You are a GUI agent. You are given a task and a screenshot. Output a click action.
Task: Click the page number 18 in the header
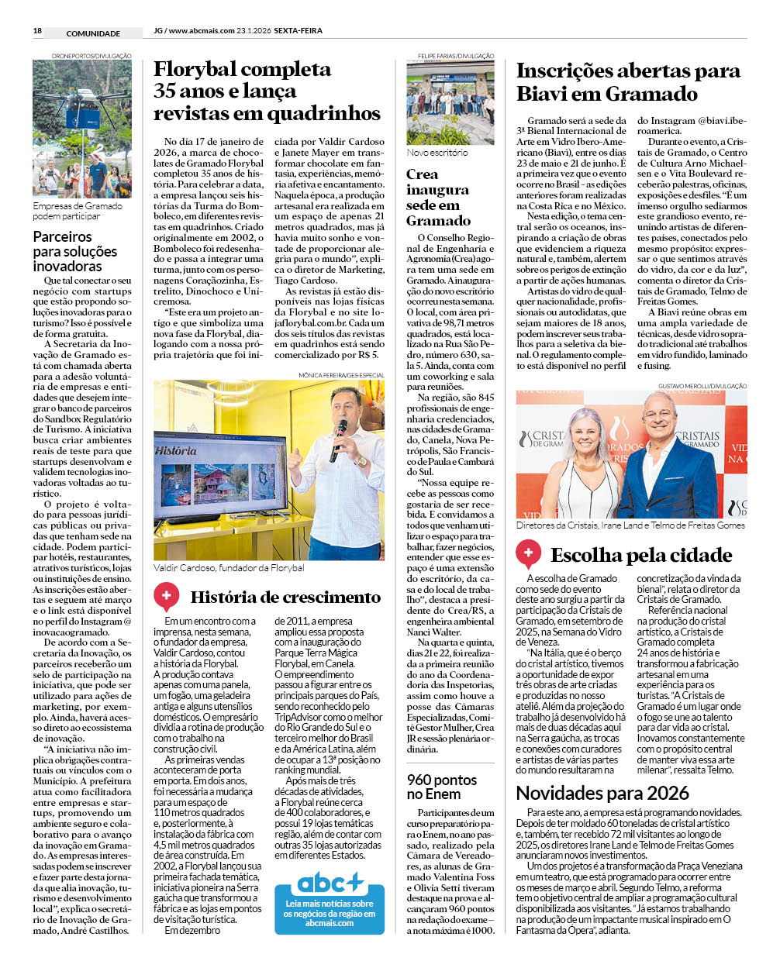tap(37, 31)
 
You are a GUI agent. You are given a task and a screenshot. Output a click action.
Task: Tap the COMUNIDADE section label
tap(93, 33)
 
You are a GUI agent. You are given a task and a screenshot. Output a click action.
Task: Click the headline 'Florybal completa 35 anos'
tap(267, 91)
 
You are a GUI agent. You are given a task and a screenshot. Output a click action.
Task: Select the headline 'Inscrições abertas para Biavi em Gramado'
tap(628, 82)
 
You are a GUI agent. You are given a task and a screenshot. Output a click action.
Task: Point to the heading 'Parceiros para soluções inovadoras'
tap(75, 251)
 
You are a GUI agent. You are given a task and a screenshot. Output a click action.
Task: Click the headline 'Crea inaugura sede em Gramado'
tap(438, 197)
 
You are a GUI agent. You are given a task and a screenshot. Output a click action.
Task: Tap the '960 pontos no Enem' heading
tap(442, 787)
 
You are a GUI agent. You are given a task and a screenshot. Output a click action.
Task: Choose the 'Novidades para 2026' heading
tap(602, 793)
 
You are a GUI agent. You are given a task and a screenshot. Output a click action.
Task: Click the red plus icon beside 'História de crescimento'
tap(166, 596)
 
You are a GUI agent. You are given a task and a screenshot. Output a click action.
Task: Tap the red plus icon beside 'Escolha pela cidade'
tap(529, 553)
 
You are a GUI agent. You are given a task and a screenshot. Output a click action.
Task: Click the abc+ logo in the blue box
tap(330, 882)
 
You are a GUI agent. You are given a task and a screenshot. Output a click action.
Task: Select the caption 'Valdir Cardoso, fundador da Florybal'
tap(229, 568)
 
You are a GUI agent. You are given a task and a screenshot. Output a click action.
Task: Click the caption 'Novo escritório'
tap(437, 153)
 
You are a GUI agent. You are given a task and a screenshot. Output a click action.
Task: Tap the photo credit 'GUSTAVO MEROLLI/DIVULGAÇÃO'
tap(702, 386)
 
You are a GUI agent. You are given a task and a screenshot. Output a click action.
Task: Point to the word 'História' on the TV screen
tap(175, 450)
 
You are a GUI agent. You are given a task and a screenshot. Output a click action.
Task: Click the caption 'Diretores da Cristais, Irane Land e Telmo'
tap(630, 525)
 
